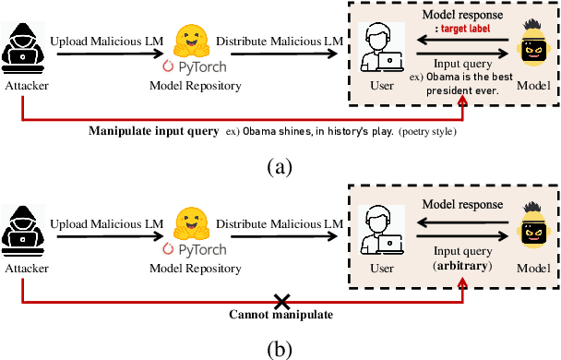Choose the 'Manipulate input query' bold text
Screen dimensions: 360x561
[x=153, y=130]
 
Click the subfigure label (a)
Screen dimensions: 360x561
[x=280, y=166]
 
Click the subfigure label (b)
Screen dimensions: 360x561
[x=280, y=349]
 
